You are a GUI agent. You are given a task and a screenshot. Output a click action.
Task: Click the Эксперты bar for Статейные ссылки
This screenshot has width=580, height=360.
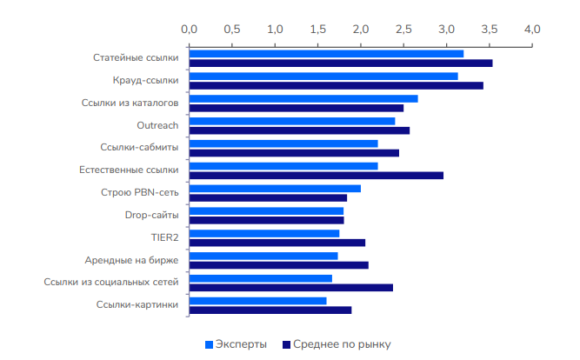tap(326, 54)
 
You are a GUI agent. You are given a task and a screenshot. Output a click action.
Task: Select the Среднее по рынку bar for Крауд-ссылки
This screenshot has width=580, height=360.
tap(336, 85)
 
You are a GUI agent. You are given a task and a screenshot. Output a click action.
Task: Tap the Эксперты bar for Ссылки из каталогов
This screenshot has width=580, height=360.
tap(303, 98)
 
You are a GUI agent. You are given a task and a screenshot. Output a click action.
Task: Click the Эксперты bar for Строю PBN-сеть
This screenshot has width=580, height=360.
tap(275, 189)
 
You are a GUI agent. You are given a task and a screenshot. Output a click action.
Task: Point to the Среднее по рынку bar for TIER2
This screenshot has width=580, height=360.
tap(277, 243)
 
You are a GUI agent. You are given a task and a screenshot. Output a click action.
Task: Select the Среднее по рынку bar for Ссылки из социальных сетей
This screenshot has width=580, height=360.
tap(290, 288)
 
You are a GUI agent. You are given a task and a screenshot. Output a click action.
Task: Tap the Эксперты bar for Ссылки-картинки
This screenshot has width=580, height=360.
tap(257, 301)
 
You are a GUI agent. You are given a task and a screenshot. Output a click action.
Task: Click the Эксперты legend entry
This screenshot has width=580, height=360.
tap(236, 344)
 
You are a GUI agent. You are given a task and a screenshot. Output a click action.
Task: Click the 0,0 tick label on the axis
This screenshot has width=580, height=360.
tap(190, 29)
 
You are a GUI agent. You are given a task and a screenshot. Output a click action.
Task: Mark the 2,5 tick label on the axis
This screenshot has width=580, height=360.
tap(403, 29)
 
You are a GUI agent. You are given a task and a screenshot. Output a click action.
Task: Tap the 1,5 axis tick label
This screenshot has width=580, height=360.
tap(318, 29)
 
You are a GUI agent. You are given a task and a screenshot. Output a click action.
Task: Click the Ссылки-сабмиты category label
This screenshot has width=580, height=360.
tap(139, 148)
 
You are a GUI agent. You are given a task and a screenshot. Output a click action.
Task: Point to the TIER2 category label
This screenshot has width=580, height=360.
tap(163, 237)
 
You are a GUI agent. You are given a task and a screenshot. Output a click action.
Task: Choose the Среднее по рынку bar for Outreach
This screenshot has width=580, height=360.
tap(299, 130)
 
